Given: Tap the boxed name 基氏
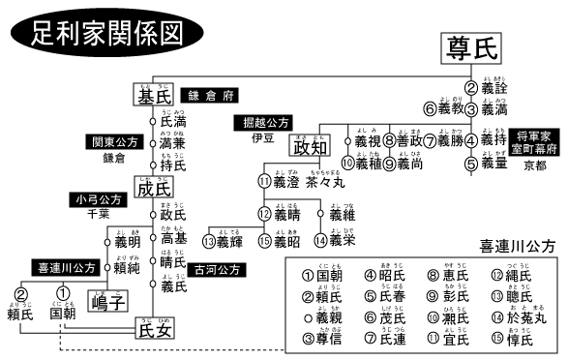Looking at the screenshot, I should point(154,95).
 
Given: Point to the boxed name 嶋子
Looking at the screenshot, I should point(108,304).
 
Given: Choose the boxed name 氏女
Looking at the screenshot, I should point(156,331).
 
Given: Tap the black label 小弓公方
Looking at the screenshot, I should point(98,199).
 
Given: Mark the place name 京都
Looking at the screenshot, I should point(534,167).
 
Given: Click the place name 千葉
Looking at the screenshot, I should point(98,216).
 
